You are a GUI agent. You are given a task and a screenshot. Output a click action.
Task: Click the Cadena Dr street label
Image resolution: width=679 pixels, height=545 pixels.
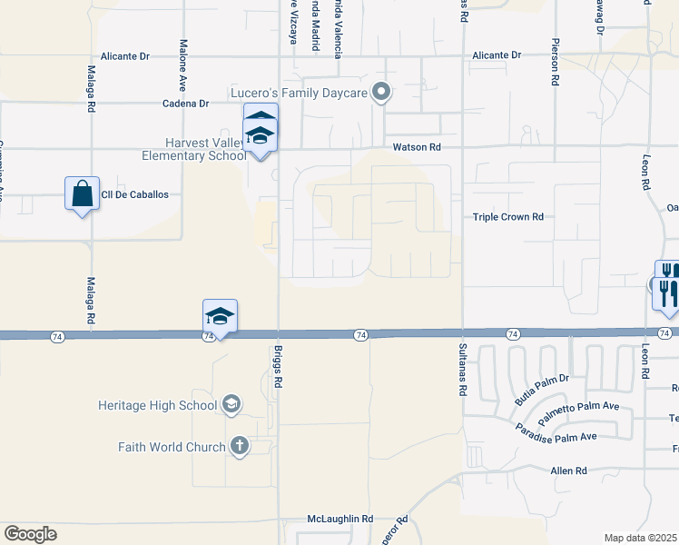(x=186, y=104)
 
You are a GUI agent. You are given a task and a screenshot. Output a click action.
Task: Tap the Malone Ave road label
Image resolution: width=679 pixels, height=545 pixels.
(x=182, y=64)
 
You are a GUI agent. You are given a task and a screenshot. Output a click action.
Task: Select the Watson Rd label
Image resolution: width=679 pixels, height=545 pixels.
(x=417, y=147)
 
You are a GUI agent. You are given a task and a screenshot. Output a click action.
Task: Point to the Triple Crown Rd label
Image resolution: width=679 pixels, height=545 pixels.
(x=507, y=217)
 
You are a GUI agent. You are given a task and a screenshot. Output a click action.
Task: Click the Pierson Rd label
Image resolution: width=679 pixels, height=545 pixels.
(x=554, y=63)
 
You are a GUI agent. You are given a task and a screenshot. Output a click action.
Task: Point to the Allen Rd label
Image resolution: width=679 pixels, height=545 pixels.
(x=569, y=471)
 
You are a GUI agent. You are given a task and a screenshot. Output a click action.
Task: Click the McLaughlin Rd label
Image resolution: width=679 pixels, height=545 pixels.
(x=340, y=519)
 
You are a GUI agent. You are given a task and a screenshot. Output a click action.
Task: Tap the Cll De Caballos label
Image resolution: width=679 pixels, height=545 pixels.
(x=135, y=195)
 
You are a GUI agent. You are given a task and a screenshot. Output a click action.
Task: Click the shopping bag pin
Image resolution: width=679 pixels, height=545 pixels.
(x=82, y=193)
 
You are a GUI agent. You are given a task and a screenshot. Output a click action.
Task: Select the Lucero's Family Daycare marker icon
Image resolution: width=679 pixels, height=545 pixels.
(x=382, y=91)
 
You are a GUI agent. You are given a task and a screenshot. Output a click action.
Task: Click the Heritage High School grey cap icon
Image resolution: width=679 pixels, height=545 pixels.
(x=231, y=404)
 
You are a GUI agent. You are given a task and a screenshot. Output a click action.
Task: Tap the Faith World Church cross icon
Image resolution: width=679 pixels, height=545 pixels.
(x=239, y=446)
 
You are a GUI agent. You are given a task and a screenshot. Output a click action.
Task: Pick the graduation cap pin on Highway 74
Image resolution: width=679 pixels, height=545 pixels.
(x=220, y=316)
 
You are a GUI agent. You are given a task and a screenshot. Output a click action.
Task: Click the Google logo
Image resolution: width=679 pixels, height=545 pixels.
(x=30, y=534)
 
